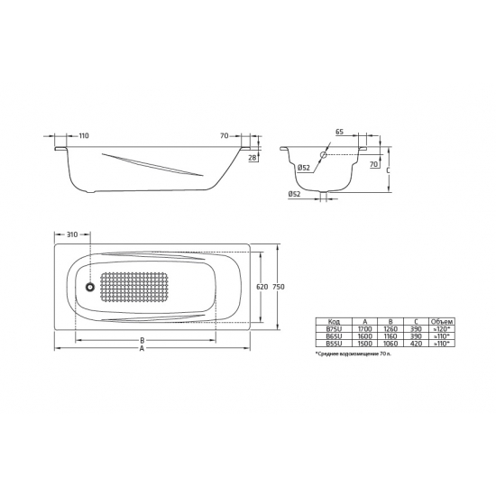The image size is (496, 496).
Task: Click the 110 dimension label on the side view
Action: [x=84, y=135]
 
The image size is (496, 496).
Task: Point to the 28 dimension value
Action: [x=253, y=159]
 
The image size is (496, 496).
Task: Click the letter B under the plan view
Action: [x=142, y=341]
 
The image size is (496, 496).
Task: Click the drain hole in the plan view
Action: [x=89, y=288]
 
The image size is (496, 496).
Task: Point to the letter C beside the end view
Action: [x=387, y=168]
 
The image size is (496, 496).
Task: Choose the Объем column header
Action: [x=442, y=321]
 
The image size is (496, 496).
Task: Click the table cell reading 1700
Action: [x=363, y=329]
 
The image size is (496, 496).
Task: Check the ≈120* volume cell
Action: [x=442, y=329]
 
